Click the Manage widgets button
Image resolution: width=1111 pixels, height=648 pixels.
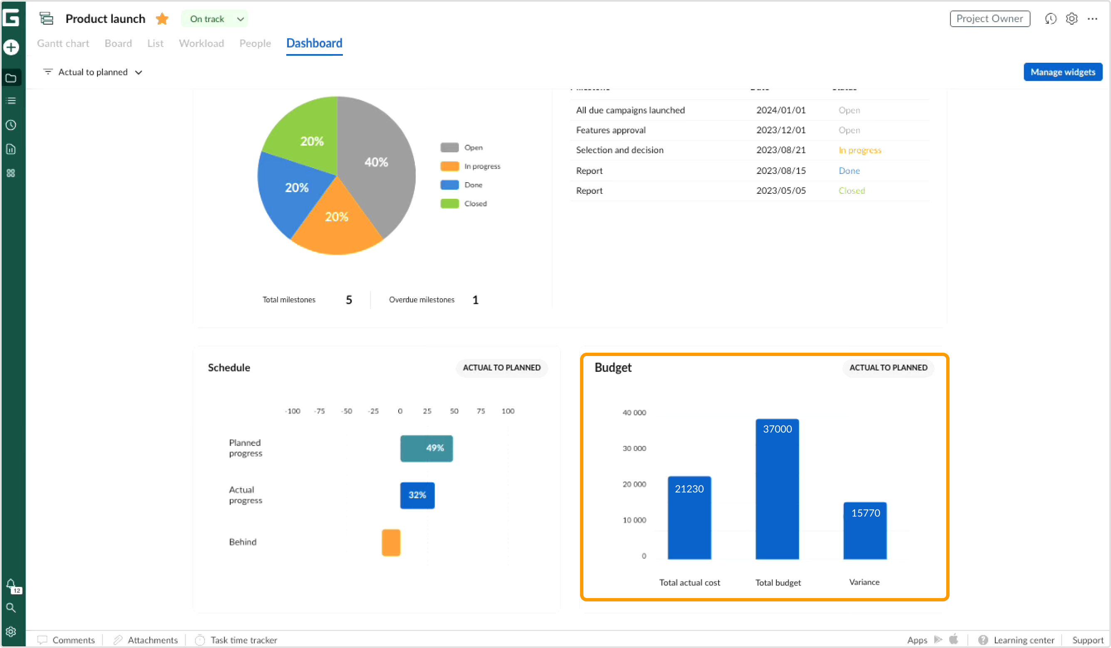[x=1062, y=72]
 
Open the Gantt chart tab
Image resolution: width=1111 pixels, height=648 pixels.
[x=63, y=43]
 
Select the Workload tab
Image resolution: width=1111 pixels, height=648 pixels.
[x=201, y=43]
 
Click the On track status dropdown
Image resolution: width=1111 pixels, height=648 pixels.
[x=215, y=19]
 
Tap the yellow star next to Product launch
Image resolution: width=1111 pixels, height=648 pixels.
[x=162, y=19]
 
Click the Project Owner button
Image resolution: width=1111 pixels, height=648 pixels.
[x=989, y=19]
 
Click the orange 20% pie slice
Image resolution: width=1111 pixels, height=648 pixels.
[x=336, y=220]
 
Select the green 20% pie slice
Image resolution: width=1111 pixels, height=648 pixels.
[x=309, y=137]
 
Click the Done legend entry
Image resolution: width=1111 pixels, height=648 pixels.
[x=473, y=185]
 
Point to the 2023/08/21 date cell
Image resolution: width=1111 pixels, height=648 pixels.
[x=780, y=150]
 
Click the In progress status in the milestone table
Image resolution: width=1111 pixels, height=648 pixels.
[x=859, y=150]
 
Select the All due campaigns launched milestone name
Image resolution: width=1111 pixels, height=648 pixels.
[x=630, y=110]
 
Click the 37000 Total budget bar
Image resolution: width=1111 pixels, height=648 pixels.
[x=777, y=489]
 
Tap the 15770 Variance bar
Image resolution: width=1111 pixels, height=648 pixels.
[x=865, y=531]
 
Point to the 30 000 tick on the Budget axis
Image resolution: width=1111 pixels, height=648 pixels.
[x=634, y=448]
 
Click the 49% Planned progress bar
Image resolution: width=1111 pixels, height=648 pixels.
[x=426, y=448]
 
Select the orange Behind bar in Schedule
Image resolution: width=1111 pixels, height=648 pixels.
[x=391, y=543]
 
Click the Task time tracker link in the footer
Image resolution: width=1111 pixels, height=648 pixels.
[x=243, y=640]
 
